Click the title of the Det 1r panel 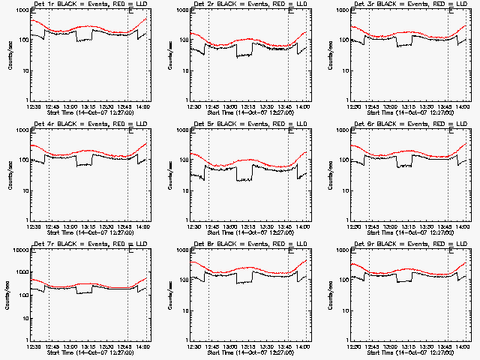pos(90,5)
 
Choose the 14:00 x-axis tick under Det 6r pos(464,226)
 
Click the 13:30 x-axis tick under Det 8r pos(268,346)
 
